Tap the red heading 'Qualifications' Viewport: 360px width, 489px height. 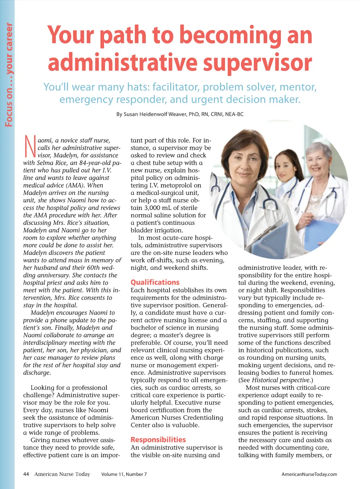pyautogui.click(x=155, y=282)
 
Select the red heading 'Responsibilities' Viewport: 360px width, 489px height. pyautogui.click(x=158, y=440)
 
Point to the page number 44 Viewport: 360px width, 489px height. pyautogui.click(x=26, y=474)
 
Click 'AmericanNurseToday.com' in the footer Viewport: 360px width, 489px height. pyautogui.click(x=309, y=474)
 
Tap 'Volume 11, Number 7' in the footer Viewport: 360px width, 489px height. pyautogui.click(x=124, y=474)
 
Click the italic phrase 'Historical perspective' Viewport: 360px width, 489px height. pyautogui.click(x=281, y=380)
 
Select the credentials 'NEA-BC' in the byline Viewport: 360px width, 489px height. pyautogui.click(x=234, y=114)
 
